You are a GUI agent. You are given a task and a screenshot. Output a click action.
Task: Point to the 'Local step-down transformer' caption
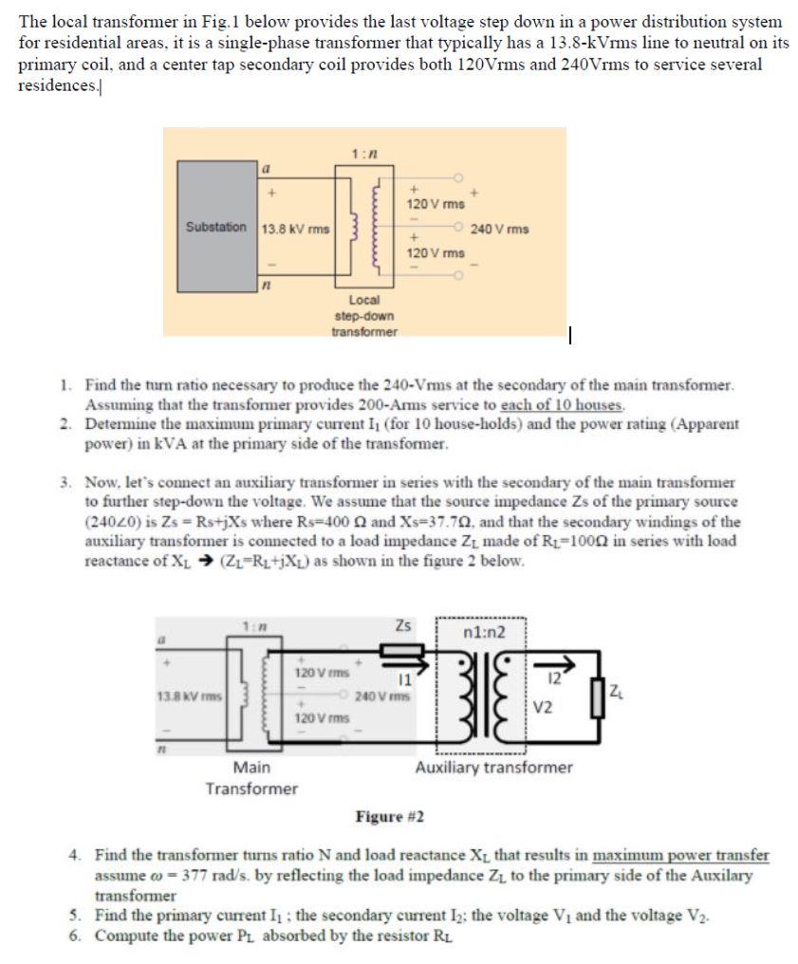click(364, 315)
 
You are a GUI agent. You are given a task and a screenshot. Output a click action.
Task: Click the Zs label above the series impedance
click(403, 626)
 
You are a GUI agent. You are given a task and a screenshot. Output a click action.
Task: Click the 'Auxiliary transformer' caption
click(493, 767)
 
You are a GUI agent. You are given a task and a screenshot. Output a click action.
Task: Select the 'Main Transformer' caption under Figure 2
click(251, 777)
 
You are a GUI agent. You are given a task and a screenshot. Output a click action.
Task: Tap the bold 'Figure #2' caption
click(389, 816)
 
